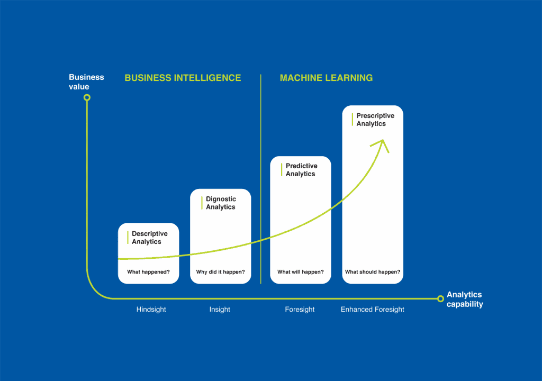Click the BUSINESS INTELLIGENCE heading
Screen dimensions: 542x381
point(183,78)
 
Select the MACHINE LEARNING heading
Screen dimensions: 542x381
point(326,78)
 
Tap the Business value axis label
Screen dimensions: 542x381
point(86,82)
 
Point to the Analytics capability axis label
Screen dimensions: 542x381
point(465,300)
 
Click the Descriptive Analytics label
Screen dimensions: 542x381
point(150,238)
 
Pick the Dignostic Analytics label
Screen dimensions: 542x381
point(221,203)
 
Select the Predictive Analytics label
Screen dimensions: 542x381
point(301,170)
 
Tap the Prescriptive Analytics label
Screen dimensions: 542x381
point(375,120)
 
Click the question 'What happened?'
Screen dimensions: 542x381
point(148,272)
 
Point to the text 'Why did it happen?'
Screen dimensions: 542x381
point(221,272)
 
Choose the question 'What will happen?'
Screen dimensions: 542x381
point(301,272)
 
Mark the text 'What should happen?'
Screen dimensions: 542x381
point(373,272)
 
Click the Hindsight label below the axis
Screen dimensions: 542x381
point(151,310)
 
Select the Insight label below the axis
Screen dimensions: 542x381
point(220,310)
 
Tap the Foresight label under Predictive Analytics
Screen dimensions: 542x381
point(300,310)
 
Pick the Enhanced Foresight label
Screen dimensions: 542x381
point(372,310)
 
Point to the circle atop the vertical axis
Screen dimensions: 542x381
point(87,98)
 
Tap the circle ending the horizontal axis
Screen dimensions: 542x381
point(440,299)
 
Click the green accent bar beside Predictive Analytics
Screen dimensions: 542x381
point(282,170)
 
